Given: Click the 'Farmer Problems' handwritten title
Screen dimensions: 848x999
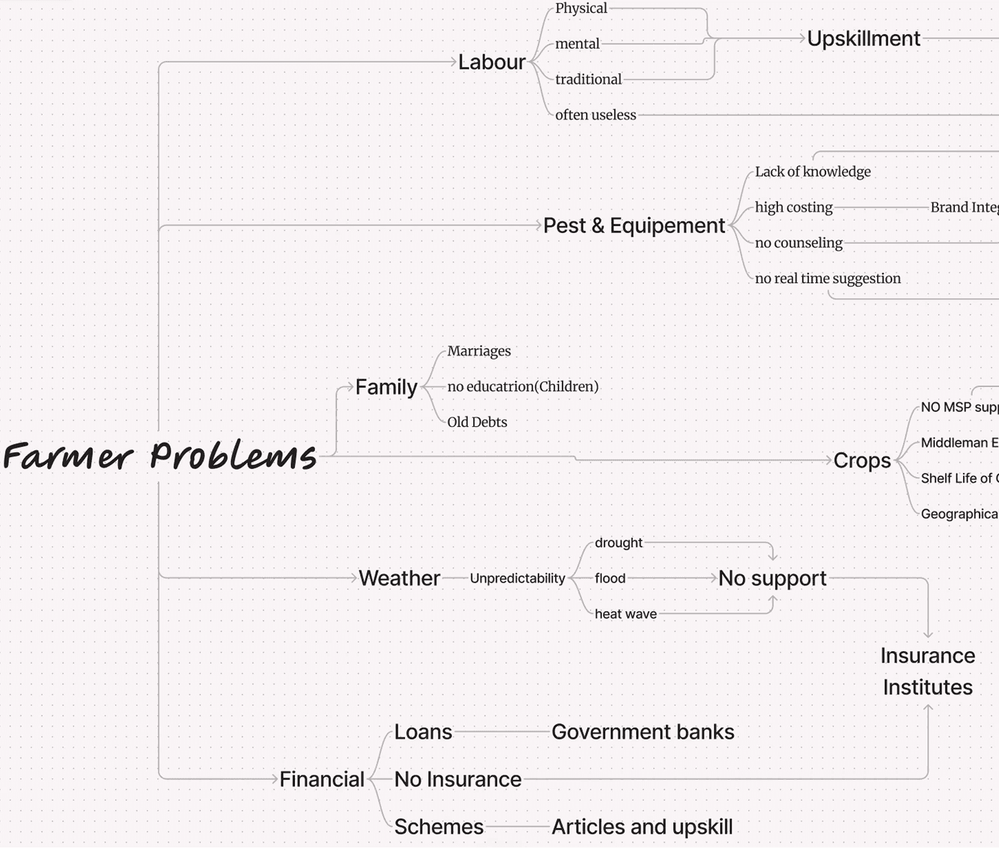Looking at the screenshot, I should pyautogui.click(x=159, y=456).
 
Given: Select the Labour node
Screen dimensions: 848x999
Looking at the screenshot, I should pyautogui.click(x=492, y=62).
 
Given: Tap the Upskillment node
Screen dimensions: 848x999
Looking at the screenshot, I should pyautogui.click(x=864, y=39).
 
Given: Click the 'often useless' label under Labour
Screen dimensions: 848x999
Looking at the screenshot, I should pyautogui.click(x=595, y=115).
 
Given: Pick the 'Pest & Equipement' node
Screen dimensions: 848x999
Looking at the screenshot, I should pyautogui.click(x=634, y=226).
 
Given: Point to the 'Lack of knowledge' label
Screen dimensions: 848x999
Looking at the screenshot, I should pyautogui.click(x=812, y=171).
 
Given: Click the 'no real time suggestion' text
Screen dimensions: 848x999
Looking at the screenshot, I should pyautogui.click(x=827, y=278).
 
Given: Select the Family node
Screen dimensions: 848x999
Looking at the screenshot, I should pyautogui.click(x=386, y=387).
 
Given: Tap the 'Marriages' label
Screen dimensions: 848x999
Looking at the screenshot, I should pyautogui.click(x=478, y=351).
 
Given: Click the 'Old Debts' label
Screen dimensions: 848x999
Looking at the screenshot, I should pyautogui.click(x=476, y=422).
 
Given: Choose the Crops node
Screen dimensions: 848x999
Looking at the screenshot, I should pyautogui.click(x=862, y=460).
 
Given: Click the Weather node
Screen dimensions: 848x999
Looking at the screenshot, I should pyautogui.click(x=399, y=578).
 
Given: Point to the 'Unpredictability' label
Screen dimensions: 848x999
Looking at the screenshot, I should pyautogui.click(x=517, y=578).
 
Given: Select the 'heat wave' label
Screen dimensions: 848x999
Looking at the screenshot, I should pyautogui.click(x=625, y=614).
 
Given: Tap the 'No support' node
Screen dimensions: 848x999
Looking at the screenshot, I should pyautogui.click(x=772, y=578).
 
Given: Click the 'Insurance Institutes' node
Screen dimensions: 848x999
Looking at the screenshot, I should pyautogui.click(x=927, y=671).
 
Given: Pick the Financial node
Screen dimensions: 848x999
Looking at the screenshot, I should pyautogui.click(x=322, y=779).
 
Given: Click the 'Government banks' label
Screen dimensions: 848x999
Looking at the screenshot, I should pyautogui.click(x=643, y=732).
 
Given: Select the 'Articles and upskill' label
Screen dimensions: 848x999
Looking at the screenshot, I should pyautogui.click(x=642, y=827).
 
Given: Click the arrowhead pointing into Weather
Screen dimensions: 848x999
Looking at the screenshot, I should pyautogui.click(x=354, y=578).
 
